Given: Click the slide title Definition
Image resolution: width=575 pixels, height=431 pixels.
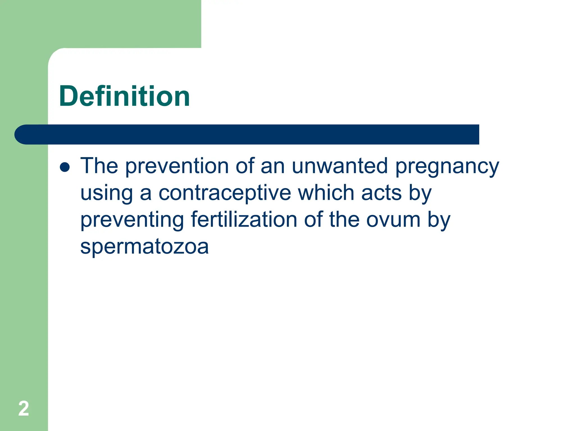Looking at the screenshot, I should click(x=124, y=96).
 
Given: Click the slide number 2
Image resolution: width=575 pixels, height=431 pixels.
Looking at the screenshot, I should click(x=24, y=409).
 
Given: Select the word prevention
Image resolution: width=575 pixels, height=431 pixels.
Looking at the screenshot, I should click(x=177, y=166).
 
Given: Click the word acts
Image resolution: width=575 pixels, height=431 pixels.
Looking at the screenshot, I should click(x=381, y=193).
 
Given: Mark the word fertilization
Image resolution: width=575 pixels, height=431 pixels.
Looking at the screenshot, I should click(x=244, y=219).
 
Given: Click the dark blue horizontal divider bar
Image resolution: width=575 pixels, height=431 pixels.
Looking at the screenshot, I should click(x=247, y=134).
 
